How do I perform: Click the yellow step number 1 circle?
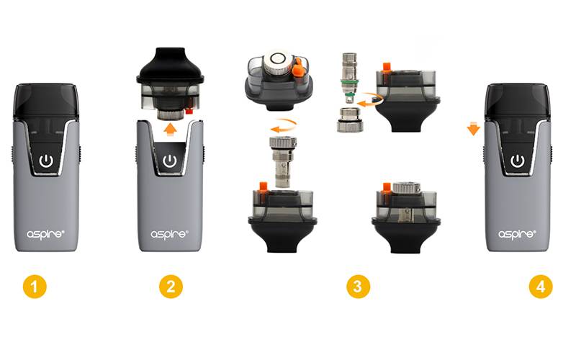tap(35, 287)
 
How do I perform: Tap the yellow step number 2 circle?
tap(171, 287)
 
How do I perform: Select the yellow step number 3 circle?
tap(358, 287)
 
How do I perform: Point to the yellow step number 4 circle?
tap(541, 287)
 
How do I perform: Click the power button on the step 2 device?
tap(169, 161)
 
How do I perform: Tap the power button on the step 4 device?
tap(518, 161)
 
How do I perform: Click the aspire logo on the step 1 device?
tap(45, 235)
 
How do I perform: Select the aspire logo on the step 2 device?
tap(169, 235)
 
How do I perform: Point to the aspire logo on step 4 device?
tap(517, 235)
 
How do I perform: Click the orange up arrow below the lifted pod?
tap(170, 130)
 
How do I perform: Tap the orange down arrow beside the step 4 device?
tap(474, 129)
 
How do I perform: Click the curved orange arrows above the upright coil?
tap(284, 125)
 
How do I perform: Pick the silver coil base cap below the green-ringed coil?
tap(350, 120)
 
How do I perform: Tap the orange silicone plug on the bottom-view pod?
tap(299, 67)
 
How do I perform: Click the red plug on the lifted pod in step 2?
tap(189, 112)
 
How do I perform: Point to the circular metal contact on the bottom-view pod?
tap(278, 58)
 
